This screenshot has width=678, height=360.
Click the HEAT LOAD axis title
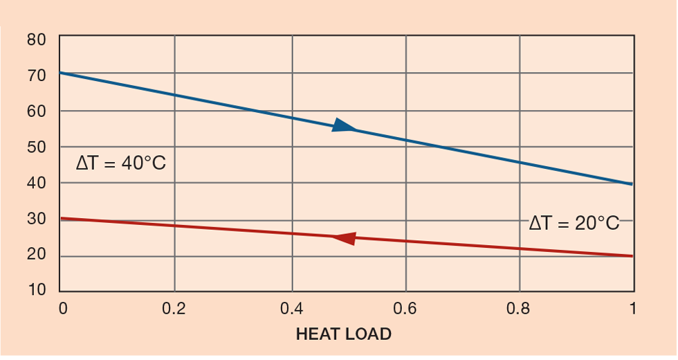point(343,334)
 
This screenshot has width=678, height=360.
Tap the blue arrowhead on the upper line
point(344,126)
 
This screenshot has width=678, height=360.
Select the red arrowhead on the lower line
point(345,238)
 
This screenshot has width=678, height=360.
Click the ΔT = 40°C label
point(121,164)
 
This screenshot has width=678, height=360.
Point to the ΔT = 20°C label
point(574,224)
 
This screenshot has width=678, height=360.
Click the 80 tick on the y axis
point(37,39)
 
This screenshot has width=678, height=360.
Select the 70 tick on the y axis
point(37,75)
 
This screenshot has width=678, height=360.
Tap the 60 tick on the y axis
point(37,111)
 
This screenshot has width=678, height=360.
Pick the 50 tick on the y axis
point(37,147)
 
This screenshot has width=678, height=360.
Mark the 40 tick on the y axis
point(37,183)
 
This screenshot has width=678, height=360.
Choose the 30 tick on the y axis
point(37,219)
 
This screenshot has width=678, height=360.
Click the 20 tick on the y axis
point(37,255)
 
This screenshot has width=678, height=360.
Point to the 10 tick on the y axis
point(37,290)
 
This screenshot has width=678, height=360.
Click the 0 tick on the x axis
point(62,308)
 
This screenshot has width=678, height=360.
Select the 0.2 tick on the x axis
point(174,308)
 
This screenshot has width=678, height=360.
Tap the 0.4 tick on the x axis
point(291,308)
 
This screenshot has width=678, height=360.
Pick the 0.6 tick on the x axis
point(405,308)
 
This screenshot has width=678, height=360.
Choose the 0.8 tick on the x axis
point(520,308)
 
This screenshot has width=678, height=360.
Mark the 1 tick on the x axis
point(632,308)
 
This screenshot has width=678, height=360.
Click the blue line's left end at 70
point(61,73)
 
